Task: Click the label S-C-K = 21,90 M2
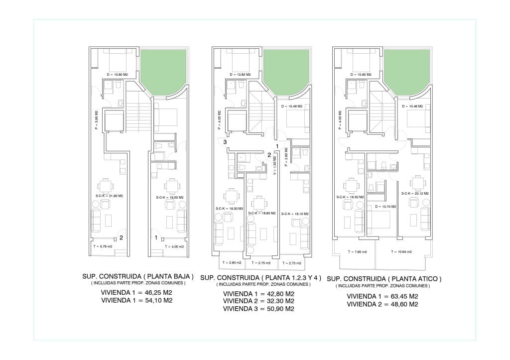click(x=109, y=197)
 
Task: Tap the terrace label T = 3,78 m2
click(x=103, y=246)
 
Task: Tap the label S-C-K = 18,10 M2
click(x=295, y=214)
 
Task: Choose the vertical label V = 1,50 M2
click(x=274, y=165)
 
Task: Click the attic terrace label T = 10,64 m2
click(x=401, y=252)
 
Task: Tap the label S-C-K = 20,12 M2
click(x=415, y=193)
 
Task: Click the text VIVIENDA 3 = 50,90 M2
click(x=258, y=309)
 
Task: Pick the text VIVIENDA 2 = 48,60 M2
click(x=382, y=304)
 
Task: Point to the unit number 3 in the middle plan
click(x=225, y=142)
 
